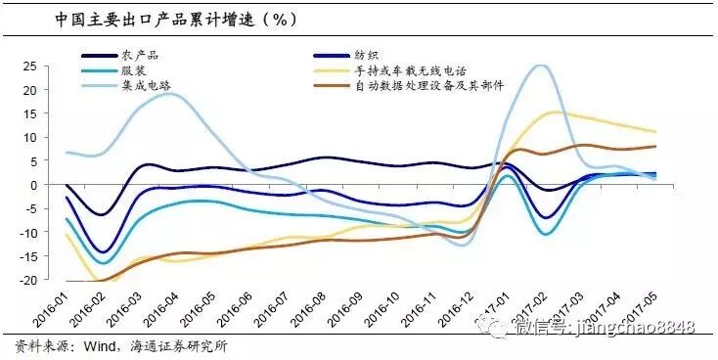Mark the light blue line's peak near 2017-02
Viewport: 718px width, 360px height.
pos(540,66)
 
